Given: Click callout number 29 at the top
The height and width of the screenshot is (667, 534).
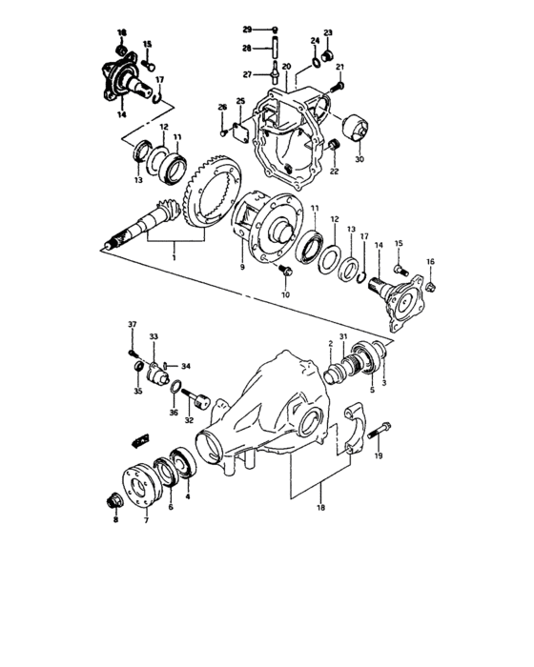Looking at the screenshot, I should (x=245, y=30).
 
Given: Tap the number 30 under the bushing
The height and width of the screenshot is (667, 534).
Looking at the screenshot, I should (x=359, y=159).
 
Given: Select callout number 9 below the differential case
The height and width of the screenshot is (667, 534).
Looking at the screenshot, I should (x=242, y=268).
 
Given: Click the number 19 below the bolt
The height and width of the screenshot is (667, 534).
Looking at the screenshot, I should (x=379, y=457).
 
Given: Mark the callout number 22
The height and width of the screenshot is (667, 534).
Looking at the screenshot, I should (x=334, y=172).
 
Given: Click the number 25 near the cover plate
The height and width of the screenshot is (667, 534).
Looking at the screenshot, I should (x=240, y=101).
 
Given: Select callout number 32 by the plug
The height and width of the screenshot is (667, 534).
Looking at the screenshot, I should (x=189, y=419).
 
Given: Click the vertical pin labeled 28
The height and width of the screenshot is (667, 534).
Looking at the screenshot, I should (x=273, y=49).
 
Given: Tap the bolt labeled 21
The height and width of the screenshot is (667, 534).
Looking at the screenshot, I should (x=335, y=88).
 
